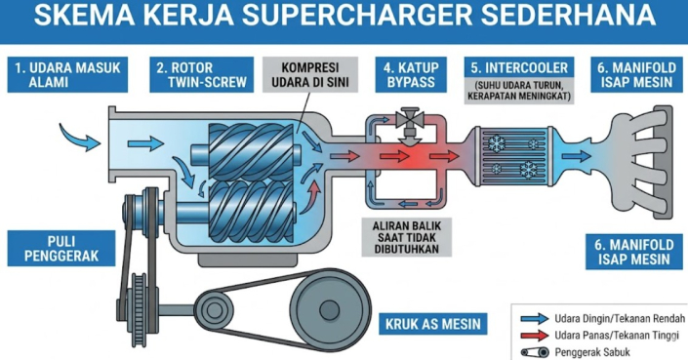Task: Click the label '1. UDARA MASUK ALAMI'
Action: [67, 74]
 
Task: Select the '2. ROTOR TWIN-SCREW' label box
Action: [201, 74]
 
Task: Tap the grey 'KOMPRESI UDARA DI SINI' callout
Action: [310, 74]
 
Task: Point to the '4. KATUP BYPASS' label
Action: [411, 74]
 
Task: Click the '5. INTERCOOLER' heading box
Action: [519, 68]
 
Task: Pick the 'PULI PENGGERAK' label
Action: [61, 248]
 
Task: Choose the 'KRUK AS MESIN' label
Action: [433, 324]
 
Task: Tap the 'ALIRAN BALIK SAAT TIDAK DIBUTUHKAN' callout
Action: [406, 237]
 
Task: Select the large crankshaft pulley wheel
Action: [329, 310]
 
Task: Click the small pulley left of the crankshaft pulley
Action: [214, 309]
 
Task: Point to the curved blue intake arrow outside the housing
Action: [79, 137]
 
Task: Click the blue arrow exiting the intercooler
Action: [577, 156]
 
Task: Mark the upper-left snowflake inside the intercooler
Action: [497, 143]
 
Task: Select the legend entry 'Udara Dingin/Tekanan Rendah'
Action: [602, 318]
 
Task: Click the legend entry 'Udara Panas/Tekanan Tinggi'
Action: [599, 336]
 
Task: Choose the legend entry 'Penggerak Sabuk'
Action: [575, 352]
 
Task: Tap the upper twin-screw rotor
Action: [251, 151]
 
